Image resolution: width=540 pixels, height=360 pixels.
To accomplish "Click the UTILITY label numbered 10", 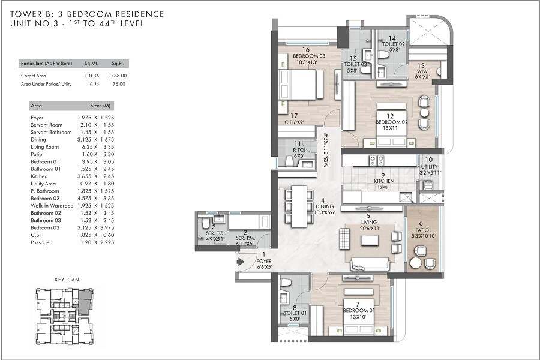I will click(429, 167).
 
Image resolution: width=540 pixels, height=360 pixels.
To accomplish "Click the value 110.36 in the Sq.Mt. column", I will click(91, 76).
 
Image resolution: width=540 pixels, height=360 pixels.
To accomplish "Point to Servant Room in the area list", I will click(46, 125).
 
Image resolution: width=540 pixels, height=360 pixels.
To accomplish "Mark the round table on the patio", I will click(415, 262).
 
